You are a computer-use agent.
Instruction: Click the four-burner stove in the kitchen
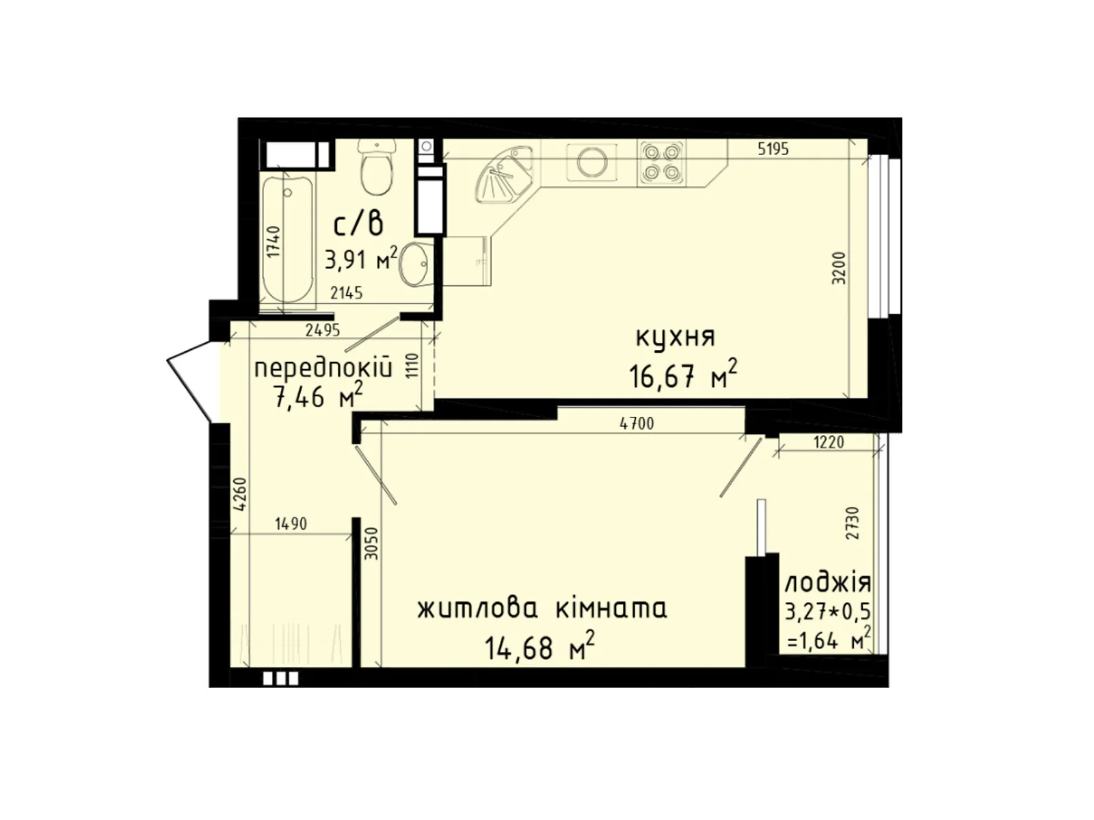tap(661, 163)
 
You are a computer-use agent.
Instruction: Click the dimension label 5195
tap(773, 149)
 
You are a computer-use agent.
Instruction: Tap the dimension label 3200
tap(840, 268)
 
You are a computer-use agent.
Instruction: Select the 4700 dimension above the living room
tap(636, 424)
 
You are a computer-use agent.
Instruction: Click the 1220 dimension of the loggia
tap(829, 442)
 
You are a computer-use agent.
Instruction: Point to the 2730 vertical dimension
tap(852, 523)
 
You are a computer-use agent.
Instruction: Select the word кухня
tap(675, 338)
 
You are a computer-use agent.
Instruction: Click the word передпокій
tap(323, 369)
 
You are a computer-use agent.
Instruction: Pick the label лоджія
tap(827, 583)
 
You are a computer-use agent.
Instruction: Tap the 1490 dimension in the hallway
tap(291, 524)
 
